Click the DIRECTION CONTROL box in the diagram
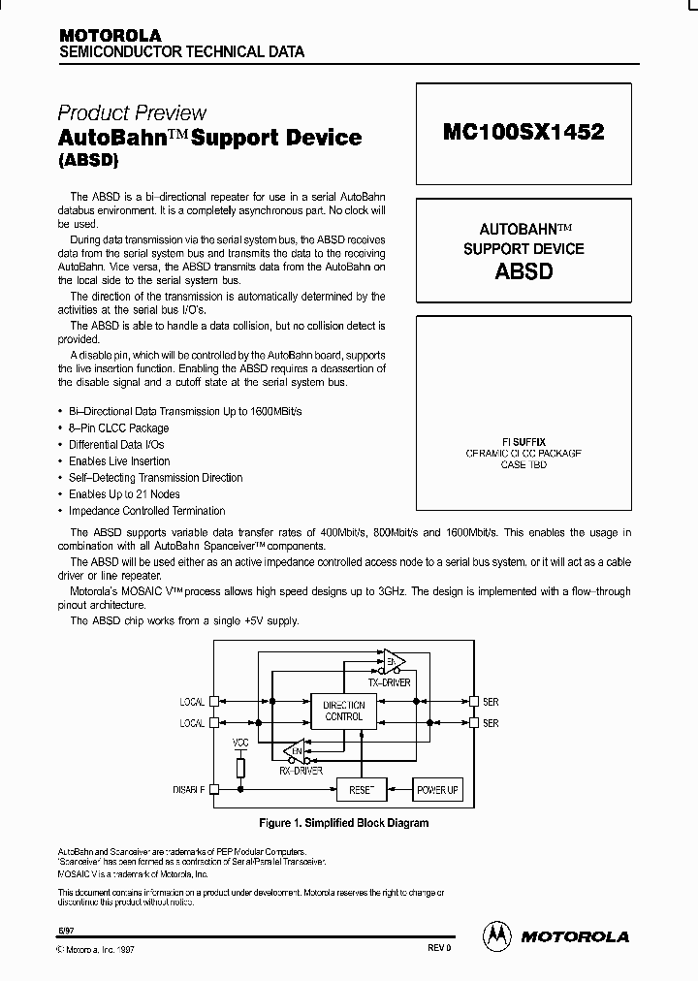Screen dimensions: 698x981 344,711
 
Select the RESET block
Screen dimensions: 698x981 361,789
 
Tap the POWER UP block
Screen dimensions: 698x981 437,789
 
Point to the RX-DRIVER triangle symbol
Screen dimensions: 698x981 294,749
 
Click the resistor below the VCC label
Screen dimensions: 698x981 241,767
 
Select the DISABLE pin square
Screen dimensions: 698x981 213,789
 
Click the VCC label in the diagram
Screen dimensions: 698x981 241,743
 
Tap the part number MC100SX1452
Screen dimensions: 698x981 523,133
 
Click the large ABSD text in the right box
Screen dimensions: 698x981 523,271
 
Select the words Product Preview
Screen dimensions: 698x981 132,112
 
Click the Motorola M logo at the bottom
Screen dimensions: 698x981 496,935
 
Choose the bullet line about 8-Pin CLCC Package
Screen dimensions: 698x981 119,427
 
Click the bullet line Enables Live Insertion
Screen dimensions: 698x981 119,461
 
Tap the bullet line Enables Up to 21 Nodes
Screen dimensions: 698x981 123,494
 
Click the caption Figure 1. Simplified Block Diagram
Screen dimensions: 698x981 344,823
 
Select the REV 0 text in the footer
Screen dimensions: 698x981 439,947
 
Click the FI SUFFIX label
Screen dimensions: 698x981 523,442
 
